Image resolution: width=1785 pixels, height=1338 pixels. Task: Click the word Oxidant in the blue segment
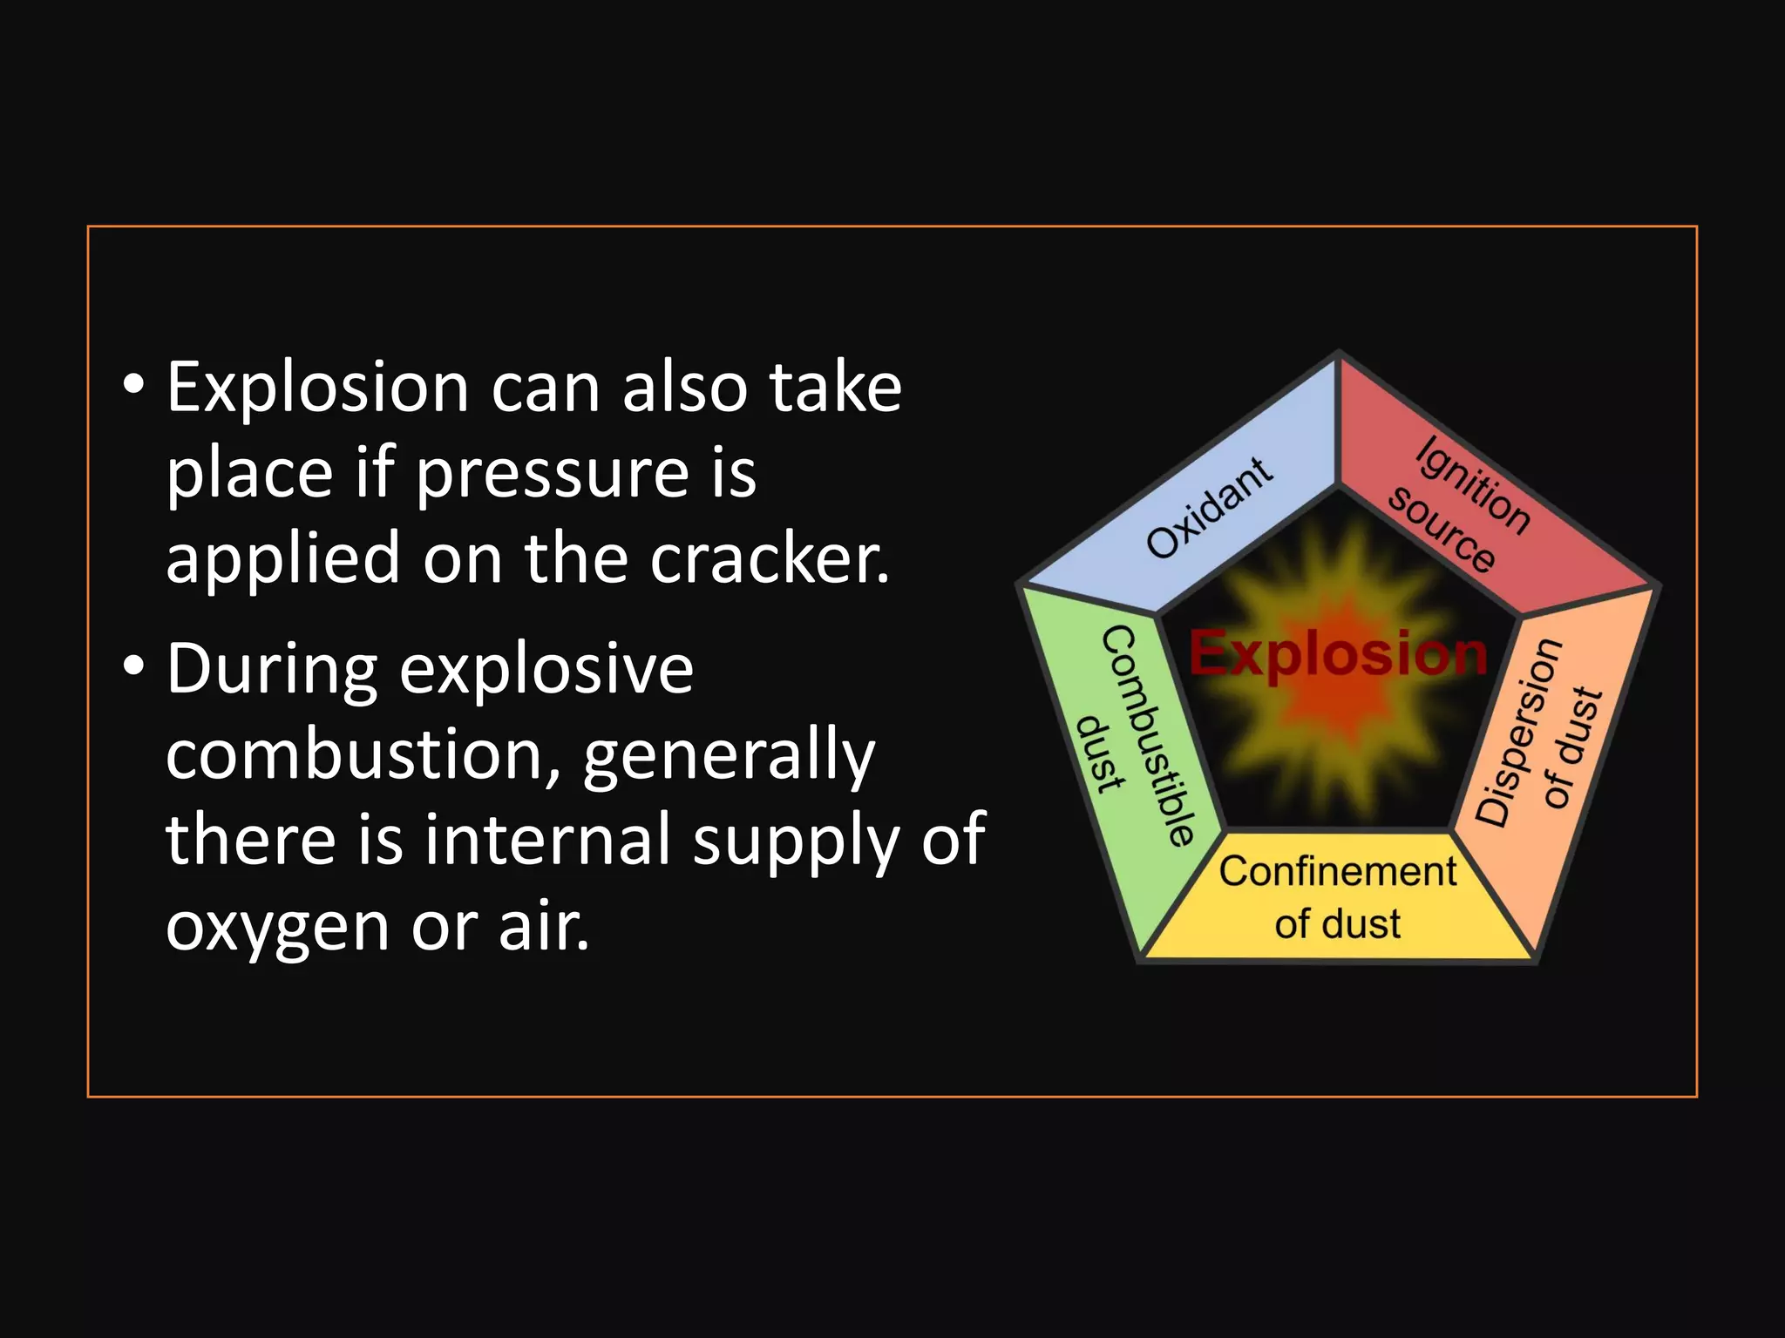point(1209,508)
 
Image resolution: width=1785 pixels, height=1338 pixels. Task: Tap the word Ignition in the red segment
point(1471,484)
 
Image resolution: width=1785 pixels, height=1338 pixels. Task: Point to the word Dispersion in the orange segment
point(1518,732)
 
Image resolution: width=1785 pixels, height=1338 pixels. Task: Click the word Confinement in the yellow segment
point(1337,871)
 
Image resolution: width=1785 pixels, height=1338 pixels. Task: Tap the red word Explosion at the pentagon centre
point(1338,653)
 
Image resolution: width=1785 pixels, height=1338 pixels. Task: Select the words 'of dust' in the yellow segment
point(1337,923)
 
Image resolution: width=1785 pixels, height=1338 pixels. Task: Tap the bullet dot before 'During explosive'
point(132,667)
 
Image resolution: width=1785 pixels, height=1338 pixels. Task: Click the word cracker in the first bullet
point(770,557)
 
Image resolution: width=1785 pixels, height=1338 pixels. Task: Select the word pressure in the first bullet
point(550,475)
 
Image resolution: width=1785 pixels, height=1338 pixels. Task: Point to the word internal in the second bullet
point(547,839)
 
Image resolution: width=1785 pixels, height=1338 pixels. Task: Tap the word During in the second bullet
point(271,669)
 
